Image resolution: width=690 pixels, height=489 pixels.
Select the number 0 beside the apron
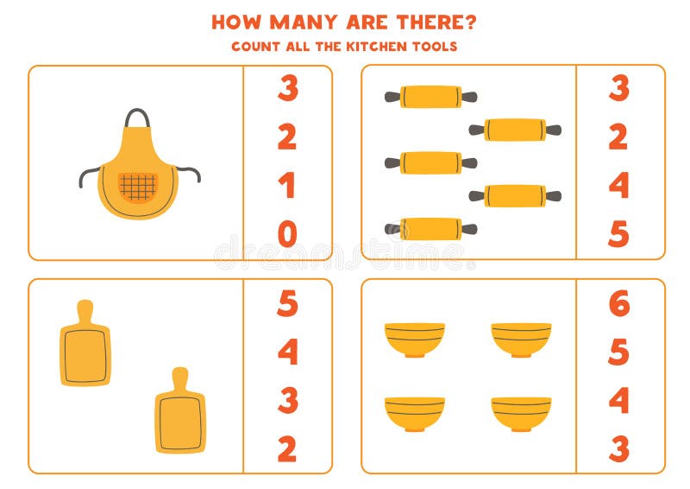[287, 234]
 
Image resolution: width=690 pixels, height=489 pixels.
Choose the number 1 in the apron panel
[287, 186]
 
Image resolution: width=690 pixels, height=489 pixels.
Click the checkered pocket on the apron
[138, 187]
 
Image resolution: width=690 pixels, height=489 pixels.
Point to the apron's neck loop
[137, 117]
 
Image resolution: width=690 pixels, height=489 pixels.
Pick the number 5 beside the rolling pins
[618, 234]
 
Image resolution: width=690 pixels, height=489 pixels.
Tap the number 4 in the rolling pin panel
[618, 186]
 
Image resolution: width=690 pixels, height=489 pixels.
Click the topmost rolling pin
[430, 97]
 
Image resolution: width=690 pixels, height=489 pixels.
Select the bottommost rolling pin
[430, 229]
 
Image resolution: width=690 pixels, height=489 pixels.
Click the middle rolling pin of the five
[430, 162]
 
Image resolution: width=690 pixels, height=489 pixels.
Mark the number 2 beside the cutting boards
[287, 448]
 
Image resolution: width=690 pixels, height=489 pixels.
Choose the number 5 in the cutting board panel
[287, 303]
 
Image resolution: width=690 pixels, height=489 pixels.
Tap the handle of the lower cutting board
[179, 378]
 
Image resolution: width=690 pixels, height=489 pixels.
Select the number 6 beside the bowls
[618, 303]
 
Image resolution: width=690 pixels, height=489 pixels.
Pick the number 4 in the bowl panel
[618, 400]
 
